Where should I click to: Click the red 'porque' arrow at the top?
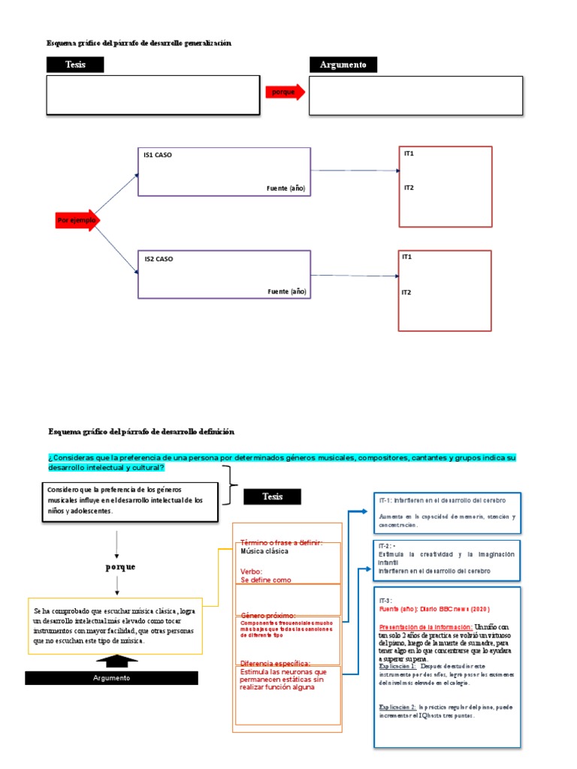pos(284,92)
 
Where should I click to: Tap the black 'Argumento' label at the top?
pos(343,65)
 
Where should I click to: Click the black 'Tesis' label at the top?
pos(75,65)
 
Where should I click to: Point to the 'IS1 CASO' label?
pos(159,155)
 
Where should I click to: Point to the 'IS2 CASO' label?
pos(159,259)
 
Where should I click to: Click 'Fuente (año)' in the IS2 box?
pos(287,291)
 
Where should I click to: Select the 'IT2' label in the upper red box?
pos(409,188)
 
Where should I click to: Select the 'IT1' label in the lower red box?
pos(407,257)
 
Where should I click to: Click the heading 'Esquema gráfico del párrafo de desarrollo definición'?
pos(141,432)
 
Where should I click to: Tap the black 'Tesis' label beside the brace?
pos(272,496)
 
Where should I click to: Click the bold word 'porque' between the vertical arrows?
pos(120,566)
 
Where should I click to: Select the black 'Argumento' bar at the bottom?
pos(111,678)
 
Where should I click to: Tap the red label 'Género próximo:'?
pos(267,614)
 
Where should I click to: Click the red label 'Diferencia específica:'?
pos(276,663)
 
